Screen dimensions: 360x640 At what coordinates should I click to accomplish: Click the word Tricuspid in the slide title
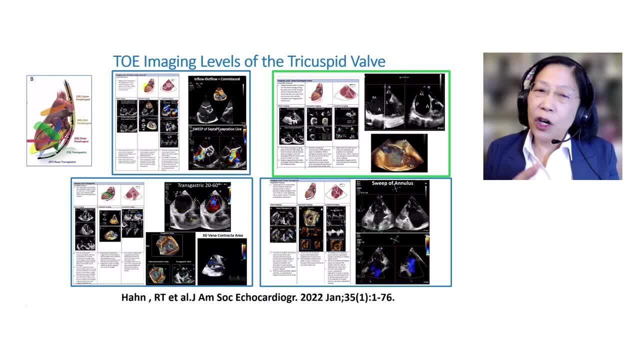[x=316, y=61]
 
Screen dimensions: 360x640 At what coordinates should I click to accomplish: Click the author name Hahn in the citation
[x=135, y=297]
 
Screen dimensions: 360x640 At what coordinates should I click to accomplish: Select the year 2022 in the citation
[x=292, y=297]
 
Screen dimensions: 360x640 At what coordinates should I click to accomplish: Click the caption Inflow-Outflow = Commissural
[x=217, y=79]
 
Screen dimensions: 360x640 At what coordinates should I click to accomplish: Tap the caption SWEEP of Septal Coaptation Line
[x=218, y=128]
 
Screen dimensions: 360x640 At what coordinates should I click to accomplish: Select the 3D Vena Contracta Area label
[x=221, y=235]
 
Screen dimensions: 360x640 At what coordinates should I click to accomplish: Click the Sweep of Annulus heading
[x=392, y=183]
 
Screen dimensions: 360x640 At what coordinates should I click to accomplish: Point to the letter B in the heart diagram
[x=32, y=79]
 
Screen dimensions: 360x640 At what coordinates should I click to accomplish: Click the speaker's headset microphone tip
[x=554, y=142]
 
